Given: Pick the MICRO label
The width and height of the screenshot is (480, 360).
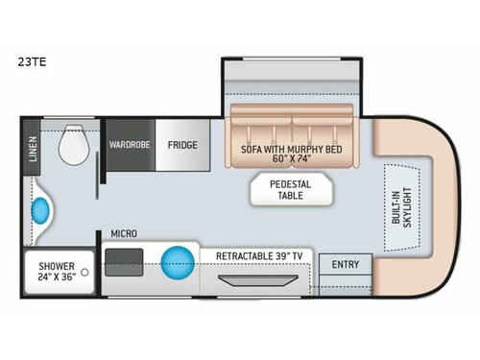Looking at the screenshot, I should coord(123,233).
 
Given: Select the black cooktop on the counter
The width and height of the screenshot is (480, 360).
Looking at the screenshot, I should coord(124,259).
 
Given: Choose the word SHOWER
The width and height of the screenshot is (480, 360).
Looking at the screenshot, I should coord(56,266).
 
